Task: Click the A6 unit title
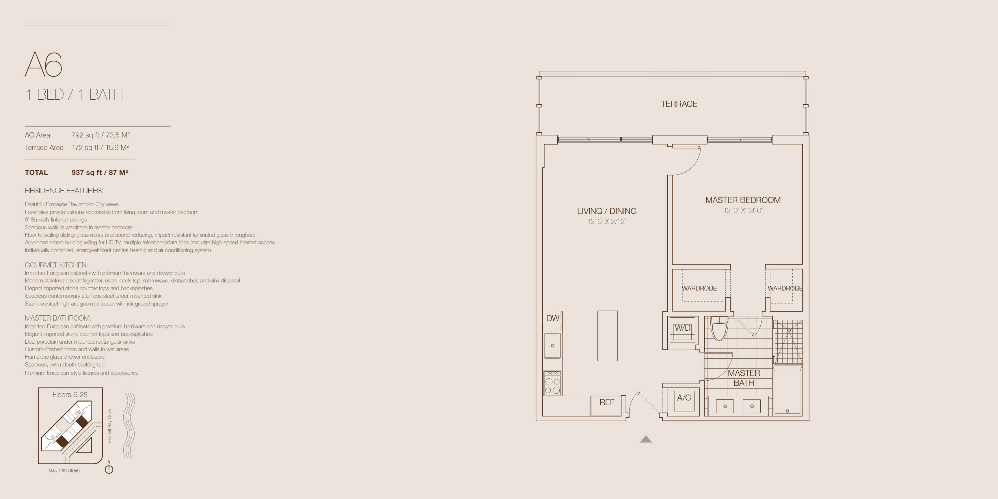43,64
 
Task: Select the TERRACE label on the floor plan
679,104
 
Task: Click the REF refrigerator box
607,405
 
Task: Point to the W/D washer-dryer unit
682,330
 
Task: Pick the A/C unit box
684,399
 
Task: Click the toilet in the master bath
719,329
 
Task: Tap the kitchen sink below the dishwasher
552,345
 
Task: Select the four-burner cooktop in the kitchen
552,383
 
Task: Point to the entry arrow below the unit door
646,439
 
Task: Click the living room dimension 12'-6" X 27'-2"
607,221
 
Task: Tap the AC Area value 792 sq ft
85,135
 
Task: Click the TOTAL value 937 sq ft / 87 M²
100,172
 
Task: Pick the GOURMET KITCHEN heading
57,265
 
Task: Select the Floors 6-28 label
70,394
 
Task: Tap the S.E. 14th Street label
64,470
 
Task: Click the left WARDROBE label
699,288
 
